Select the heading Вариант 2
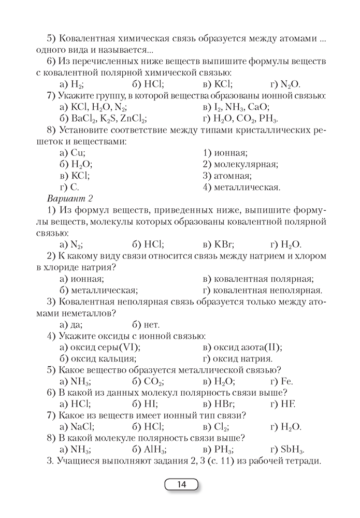(x=69, y=199)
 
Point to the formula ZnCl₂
(x=132, y=119)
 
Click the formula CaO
(x=257, y=107)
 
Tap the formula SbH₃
(x=291, y=450)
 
